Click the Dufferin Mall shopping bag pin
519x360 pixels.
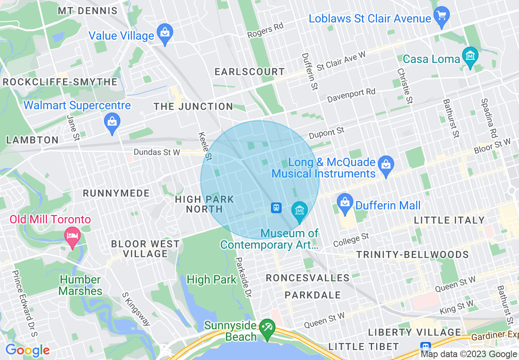point(345,203)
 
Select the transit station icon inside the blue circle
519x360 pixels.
point(276,208)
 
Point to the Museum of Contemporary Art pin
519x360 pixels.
point(300,211)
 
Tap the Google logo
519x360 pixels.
point(27,350)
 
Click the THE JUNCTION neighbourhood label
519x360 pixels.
point(193,106)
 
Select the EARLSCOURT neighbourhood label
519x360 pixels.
point(250,72)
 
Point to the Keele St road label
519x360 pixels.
point(204,146)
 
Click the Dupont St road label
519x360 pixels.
point(327,133)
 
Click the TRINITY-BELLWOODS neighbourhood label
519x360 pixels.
point(412,254)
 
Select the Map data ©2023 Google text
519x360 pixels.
point(469,354)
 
